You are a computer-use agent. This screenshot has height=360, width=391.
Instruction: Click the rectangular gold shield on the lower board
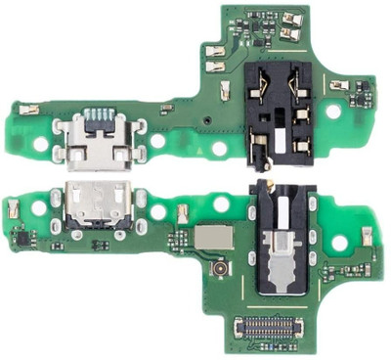point(216,236)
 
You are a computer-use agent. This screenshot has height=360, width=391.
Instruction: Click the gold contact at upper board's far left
point(28,110)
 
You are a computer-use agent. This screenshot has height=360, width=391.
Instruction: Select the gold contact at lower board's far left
point(14,208)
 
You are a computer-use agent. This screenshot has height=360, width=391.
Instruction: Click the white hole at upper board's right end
point(333,112)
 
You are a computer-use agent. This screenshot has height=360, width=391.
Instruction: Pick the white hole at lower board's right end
point(339,242)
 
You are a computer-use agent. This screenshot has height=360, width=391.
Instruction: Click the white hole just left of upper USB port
point(41,144)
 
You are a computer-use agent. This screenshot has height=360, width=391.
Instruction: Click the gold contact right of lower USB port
point(182,210)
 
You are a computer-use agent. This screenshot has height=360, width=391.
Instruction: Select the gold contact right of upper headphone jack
point(339,86)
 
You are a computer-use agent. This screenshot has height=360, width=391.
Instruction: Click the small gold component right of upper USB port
point(166,108)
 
